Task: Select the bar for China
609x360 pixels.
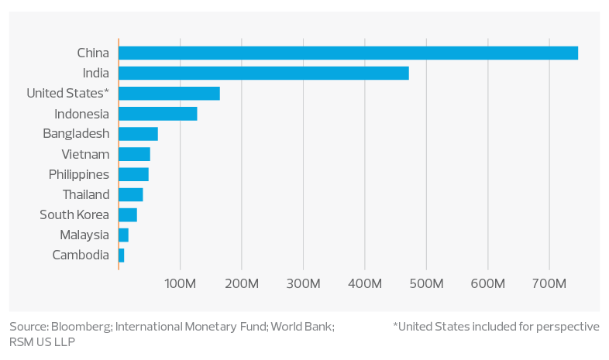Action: click(x=349, y=53)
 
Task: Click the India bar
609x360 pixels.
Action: click(x=263, y=73)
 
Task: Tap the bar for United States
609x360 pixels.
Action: click(x=169, y=93)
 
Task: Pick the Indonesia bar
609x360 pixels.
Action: click(x=158, y=113)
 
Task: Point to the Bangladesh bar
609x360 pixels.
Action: click(x=138, y=133)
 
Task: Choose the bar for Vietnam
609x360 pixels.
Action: click(x=134, y=154)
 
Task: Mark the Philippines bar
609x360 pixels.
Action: click(x=133, y=174)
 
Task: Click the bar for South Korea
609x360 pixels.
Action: click(x=128, y=214)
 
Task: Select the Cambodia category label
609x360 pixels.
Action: click(x=81, y=255)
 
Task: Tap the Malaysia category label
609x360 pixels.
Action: click(x=84, y=235)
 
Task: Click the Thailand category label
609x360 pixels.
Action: click(x=86, y=194)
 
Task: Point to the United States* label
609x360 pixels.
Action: click(x=67, y=94)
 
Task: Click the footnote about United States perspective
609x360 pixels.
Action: click(x=496, y=327)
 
